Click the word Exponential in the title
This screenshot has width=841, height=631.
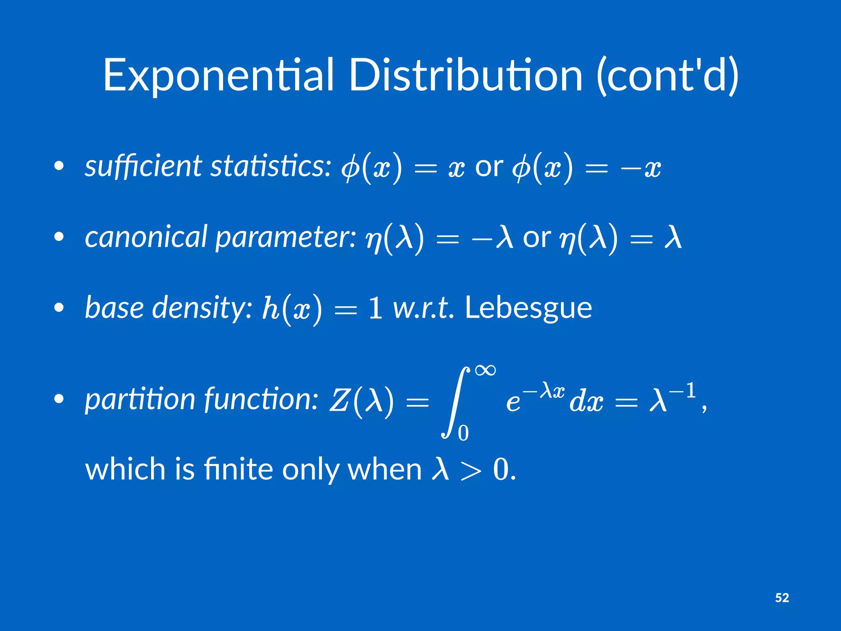(218, 76)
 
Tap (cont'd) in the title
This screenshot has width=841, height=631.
(667, 76)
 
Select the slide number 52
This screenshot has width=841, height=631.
(782, 598)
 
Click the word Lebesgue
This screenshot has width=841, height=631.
(528, 308)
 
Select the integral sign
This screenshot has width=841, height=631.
(454, 403)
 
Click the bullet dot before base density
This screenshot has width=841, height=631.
(59, 308)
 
